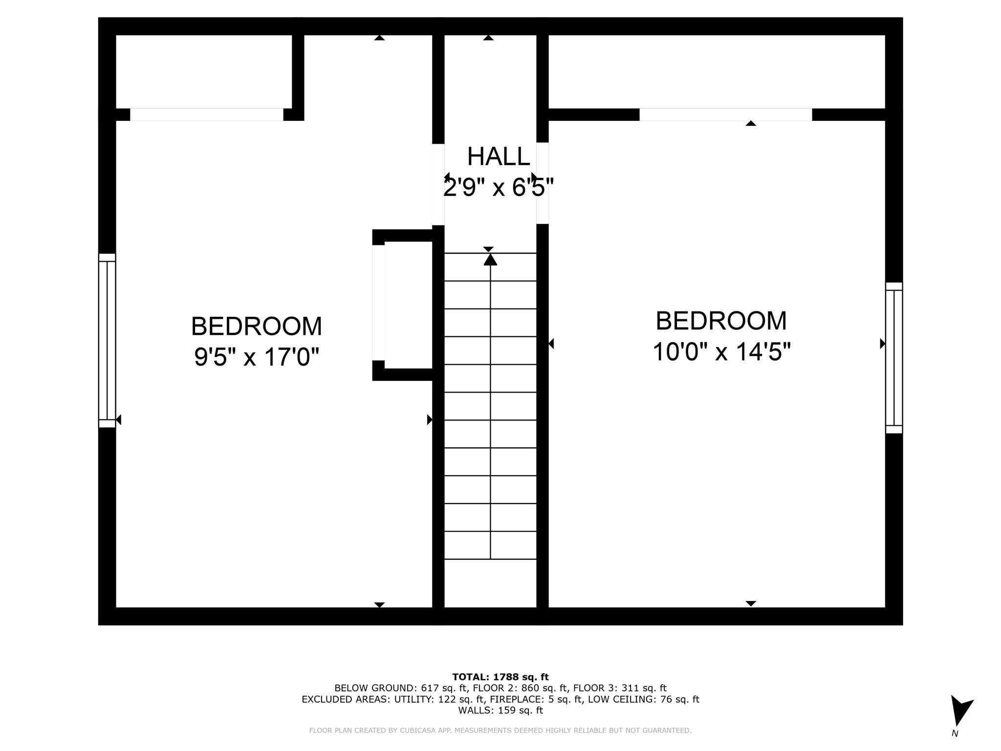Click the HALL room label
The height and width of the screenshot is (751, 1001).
tap(498, 157)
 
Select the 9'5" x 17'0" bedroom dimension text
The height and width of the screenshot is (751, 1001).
tap(257, 356)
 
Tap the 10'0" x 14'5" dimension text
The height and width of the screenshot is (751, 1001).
tap(721, 352)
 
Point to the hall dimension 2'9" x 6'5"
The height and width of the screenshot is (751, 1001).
tap(498, 187)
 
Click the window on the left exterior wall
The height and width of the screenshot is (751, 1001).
tap(107, 340)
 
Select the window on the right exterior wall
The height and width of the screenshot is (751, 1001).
tap(894, 358)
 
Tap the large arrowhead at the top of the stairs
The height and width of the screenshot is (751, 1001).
tap(490, 259)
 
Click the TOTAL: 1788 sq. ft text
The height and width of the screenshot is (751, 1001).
tap(500, 677)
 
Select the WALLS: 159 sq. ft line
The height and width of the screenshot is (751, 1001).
tap(500, 710)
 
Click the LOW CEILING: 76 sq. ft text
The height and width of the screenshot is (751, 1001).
tap(643, 699)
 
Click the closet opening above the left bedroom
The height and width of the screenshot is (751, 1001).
tap(206, 114)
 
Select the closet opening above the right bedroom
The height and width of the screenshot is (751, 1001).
tap(725, 114)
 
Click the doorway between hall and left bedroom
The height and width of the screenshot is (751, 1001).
tap(438, 184)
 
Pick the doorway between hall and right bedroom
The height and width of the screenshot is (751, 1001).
tap(543, 183)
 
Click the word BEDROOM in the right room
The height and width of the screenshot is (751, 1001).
tap(721, 321)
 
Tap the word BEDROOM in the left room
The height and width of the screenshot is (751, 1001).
tap(257, 326)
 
